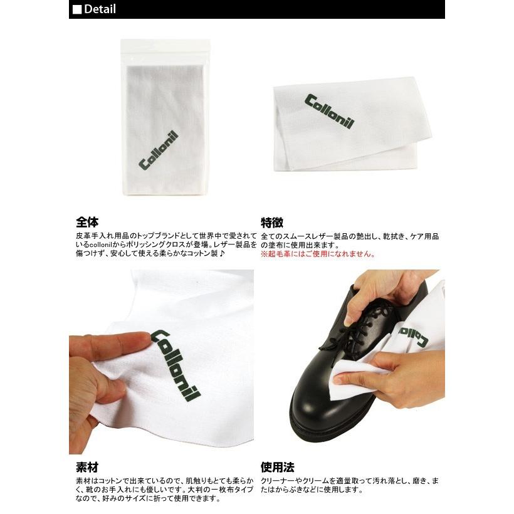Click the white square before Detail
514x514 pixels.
77,9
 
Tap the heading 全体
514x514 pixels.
87,222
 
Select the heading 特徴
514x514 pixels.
272,222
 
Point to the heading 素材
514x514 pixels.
87,468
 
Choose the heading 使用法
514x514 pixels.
278,468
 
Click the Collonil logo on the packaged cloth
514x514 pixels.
159,151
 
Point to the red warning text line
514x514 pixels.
318,254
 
